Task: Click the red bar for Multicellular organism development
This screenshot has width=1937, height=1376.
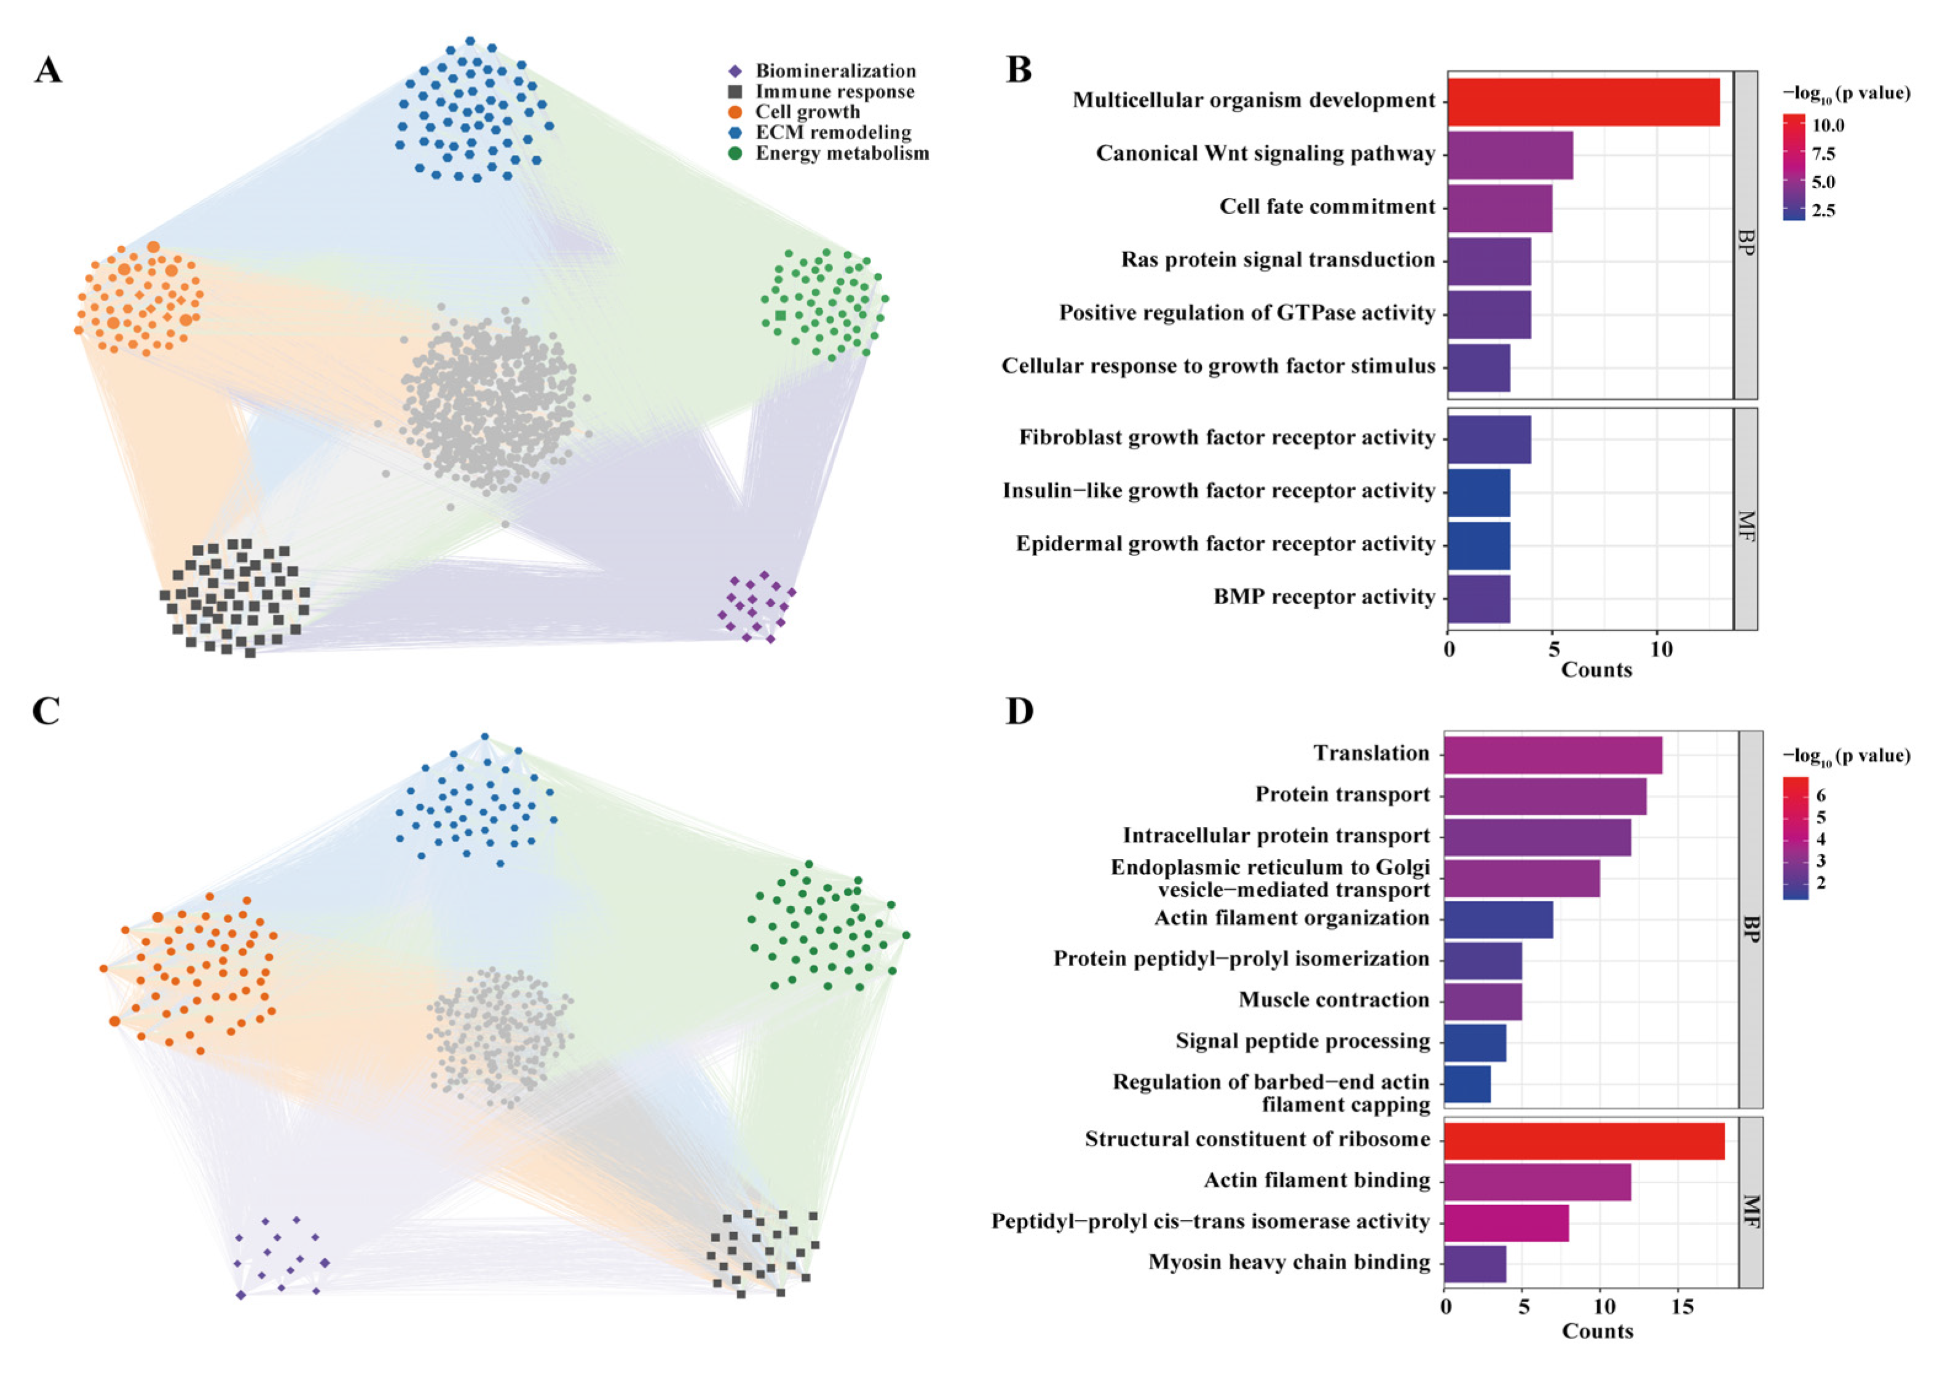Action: click(x=1583, y=101)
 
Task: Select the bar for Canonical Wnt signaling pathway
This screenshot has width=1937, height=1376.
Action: click(x=1509, y=155)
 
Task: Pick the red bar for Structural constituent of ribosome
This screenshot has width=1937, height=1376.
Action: click(x=1583, y=1141)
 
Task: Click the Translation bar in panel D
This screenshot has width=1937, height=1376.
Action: click(x=1552, y=755)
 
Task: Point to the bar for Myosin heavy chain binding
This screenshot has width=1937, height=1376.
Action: click(x=1474, y=1264)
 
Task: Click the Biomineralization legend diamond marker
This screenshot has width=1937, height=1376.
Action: click(x=735, y=71)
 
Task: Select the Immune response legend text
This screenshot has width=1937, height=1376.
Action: click(x=835, y=92)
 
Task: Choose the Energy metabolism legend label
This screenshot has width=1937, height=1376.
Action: click(x=842, y=154)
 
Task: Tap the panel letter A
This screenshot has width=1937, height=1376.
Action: click(x=49, y=69)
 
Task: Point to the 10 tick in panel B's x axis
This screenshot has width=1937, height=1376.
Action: click(x=1661, y=649)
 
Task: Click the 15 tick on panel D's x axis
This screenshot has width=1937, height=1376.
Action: click(x=1683, y=1307)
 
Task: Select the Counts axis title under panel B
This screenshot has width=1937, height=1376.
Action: click(x=1596, y=670)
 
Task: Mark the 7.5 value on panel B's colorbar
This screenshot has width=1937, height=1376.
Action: click(x=1823, y=154)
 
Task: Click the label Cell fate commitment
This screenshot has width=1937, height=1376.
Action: click(x=1327, y=206)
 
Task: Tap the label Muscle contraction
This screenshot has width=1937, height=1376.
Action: click(x=1334, y=1000)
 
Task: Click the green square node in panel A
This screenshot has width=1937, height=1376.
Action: click(x=780, y=315)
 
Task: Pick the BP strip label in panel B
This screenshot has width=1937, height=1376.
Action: click(x=1745, y=242)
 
